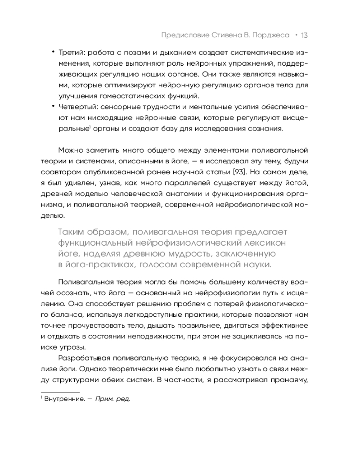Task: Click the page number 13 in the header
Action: pyautogui.click(x=304, y=35)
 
